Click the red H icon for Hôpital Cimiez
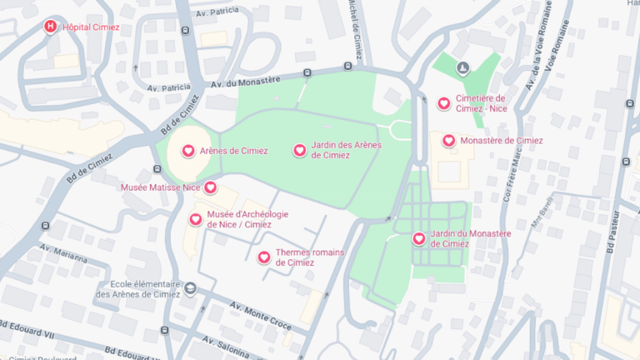pos(51,27)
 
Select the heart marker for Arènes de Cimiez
pos(188,151)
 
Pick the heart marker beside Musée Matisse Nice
pos(210,187)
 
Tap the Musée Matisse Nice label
pos(161,187)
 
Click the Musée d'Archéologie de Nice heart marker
pos(196,219)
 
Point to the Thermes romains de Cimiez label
pos(309,257)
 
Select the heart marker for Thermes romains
pos(264,257)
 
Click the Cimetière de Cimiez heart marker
pos(444,103)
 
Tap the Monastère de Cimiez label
pos(501,141)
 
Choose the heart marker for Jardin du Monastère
pos(419,238)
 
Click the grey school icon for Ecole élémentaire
pos(191,288)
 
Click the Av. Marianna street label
pos(62,253)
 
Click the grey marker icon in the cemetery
pos(463,67)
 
